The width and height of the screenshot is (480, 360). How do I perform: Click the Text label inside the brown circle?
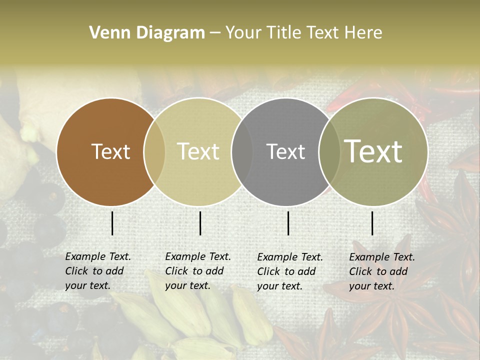pyautogui.click(x=111, y=151)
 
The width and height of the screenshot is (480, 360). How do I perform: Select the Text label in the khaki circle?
pyautogui.click(x=198, y=151)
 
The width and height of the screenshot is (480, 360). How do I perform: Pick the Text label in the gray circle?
pyautogui.click(x=285, y=151)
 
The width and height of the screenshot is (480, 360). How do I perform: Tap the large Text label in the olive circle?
pyautogui.click(x=373, y=151)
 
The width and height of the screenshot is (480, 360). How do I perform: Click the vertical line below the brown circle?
pyautogui.click(x=112, y=223)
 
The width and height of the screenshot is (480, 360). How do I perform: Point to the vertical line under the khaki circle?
pyautogui.click(x=200, y=223)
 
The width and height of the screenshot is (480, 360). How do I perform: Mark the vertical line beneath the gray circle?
pyautogui.click(x=288, y=223)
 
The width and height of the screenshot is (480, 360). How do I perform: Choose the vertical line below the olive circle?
pyautogui.click(x=372, y=223)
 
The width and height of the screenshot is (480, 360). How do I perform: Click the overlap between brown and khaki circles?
pyautogui.click(x=154, y=151)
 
